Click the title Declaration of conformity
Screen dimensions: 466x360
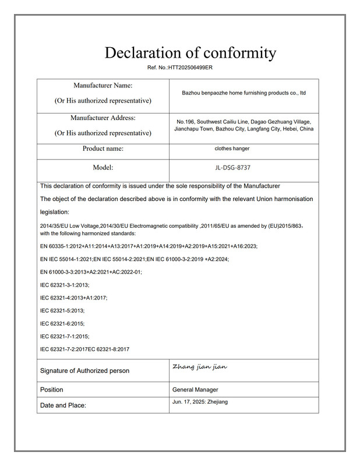[x=190, y=52]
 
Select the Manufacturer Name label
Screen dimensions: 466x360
[x=103, y=86]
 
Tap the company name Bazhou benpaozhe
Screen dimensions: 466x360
[x=243, y=93]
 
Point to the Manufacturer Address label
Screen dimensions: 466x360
[x=103, y=118]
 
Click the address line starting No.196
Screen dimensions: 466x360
[x=243, y=121]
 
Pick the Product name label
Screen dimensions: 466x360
[x=103, y=149]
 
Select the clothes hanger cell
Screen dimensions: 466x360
[x=232, y=149]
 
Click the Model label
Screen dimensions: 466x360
[x=103, y=168]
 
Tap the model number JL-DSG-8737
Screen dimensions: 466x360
[x=232, y=168]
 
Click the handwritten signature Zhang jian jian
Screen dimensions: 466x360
[x=200, y=367]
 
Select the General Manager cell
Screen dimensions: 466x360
[x=195, y=390]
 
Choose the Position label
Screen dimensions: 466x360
[x=52, y=390]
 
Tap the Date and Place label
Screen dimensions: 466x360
[x=63, y=405]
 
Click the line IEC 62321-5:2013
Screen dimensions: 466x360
[x=62, y=310]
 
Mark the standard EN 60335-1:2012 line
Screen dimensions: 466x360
[x=149, y=246]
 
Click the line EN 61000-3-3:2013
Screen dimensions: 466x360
[x=91, y=272]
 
